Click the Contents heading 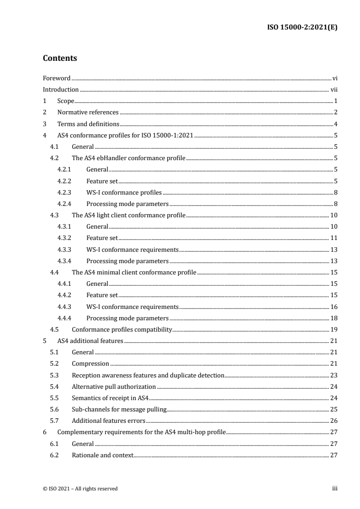59,59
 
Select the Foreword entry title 56,78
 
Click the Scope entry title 66,101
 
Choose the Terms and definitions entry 89,124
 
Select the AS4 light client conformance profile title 128,215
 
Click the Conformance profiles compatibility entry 122,329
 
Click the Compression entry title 90,363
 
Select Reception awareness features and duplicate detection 148,375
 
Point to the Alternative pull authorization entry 114,387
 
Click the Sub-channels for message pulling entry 119,409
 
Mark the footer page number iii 334,489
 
